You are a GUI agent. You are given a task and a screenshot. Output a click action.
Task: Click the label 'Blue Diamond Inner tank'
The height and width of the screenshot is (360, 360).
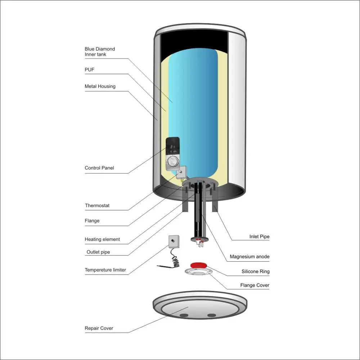pos(100,51)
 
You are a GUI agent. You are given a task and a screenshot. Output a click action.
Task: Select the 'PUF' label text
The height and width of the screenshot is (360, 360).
pos(89,69)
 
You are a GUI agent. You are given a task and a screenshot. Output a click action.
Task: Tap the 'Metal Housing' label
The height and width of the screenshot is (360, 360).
pos(100,86)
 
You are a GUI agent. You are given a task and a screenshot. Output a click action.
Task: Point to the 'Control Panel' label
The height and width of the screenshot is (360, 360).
pos(99,168)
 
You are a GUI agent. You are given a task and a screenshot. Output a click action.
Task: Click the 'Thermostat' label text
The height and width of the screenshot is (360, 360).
pos(97,206)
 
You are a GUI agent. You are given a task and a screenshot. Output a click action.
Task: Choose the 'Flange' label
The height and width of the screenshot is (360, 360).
pos(92,221)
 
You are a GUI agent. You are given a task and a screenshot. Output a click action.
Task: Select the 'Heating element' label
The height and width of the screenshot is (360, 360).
pos(102,239)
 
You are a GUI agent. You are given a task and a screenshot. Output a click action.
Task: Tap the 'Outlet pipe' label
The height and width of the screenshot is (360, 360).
pos(98,252)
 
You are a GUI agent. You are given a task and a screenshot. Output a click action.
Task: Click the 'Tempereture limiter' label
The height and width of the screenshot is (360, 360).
pos(105,270)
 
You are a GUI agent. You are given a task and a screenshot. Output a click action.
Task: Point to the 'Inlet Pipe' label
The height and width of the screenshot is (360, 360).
pos(259,237)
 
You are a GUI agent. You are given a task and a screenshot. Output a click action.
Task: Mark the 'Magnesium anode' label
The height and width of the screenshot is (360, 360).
pos(249,257)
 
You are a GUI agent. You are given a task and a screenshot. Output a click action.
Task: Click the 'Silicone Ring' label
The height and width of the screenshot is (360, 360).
pos(255,272)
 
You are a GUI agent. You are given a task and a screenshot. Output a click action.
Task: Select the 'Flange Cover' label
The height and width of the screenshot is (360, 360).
pos(255,285)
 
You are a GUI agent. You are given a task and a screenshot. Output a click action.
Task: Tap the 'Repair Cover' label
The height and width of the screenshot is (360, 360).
pos(99,328)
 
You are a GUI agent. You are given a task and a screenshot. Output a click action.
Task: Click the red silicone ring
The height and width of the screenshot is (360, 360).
pos(199,265)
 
